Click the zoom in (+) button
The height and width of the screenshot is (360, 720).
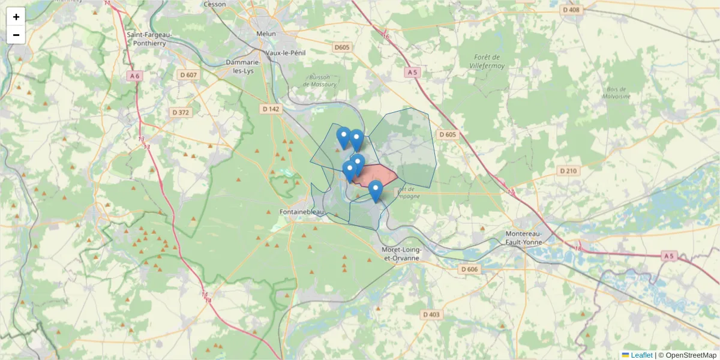[16, 17]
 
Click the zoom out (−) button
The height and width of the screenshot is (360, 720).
[16, 35]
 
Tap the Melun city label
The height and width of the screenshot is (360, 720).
[266, 34]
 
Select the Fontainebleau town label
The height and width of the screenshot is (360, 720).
[302, 212]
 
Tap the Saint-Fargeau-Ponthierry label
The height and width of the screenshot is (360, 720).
[149, 38]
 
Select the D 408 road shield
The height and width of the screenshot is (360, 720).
[572, 10]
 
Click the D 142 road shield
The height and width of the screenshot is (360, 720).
[271, 109]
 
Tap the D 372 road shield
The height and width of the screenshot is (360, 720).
[180, 112]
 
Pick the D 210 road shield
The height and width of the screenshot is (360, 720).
[568, 171]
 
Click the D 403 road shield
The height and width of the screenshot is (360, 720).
[431, 314]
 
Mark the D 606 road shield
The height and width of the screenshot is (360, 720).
[469, 269]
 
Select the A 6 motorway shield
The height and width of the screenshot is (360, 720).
[134, 76]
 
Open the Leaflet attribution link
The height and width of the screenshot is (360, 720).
[641, 355]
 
